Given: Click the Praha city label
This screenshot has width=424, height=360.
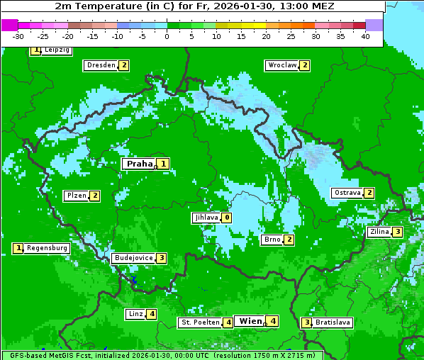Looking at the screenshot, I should [140, 164].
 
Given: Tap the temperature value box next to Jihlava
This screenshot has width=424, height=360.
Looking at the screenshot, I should [226, 218].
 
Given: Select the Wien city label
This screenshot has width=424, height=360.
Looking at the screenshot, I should [250, 321].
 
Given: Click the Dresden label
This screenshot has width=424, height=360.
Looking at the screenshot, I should [101, 65].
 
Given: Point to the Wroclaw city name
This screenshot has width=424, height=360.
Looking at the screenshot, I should [281, 65].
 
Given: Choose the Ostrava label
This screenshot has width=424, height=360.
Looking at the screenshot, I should [347, 193].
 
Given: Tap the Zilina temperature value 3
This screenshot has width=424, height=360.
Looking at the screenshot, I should [398, 232].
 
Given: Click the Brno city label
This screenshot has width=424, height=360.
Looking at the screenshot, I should [272, 240].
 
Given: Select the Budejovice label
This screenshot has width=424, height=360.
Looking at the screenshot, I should [133, 258].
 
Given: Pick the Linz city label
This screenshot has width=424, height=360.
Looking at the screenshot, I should [135, 314].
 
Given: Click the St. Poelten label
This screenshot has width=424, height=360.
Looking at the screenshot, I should [199, 322].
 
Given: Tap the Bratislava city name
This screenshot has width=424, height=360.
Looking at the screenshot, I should [333, 322].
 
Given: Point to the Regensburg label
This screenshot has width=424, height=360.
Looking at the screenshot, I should [47, 248].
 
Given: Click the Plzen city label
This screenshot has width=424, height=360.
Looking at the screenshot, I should [76, 196].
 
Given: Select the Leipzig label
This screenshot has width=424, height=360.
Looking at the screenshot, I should [56, 50].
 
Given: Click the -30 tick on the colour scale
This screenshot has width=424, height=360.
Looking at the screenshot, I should [18, 36].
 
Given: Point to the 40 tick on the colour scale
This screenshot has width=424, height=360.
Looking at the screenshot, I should [364, 36].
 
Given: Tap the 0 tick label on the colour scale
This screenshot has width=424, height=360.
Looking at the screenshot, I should [167, 36].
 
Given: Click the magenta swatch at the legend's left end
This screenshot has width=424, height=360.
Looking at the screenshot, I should [9, 25].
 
